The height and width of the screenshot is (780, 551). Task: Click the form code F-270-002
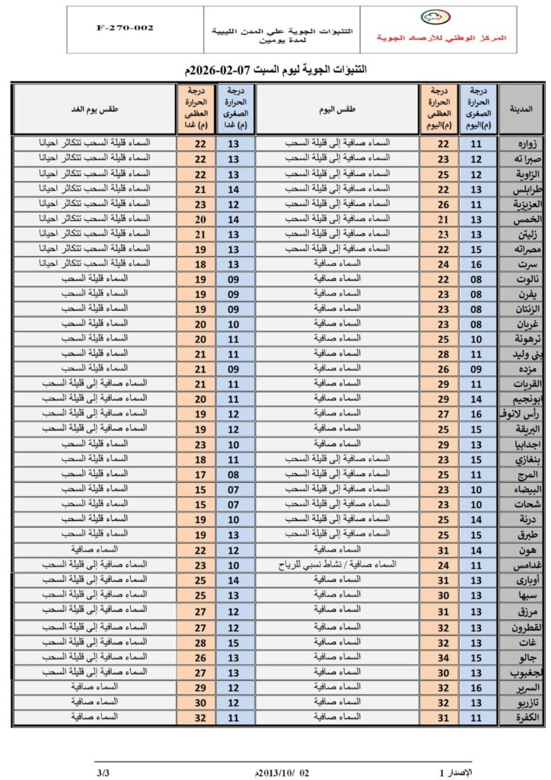click(x=126, y=27)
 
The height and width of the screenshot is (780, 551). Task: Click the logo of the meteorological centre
click(x=435, y=18)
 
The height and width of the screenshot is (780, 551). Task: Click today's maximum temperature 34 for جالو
click(x=439, y=657)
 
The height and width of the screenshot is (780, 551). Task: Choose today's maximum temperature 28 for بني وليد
click(x=439, y=354)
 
